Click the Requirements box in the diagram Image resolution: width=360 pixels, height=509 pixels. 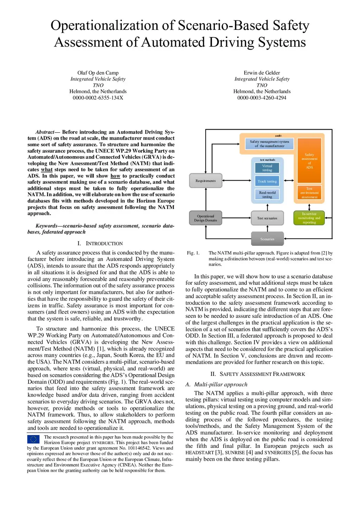pos(206,181)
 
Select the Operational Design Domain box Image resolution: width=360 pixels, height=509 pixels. pos(206,218)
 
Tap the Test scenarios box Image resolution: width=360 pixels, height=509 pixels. pos(267,218)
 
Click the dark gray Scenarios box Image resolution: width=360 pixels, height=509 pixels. pos(267,239)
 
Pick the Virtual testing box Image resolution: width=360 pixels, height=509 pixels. pos(267,168)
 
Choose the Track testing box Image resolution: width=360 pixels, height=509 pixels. pos(267,181)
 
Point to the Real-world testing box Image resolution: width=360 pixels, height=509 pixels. pos(267,195)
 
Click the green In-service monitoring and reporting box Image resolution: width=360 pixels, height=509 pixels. pos(309,218)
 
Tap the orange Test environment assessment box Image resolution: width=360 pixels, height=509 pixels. pos(309,193)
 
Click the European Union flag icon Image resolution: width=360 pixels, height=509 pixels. pos(33,439)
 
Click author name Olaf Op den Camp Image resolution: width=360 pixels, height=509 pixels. pos(98,73)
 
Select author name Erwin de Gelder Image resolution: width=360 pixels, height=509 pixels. pos(262,73)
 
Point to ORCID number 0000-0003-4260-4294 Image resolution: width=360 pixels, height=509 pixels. pos(262,98)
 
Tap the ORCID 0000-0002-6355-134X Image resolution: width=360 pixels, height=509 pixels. pos(98,98)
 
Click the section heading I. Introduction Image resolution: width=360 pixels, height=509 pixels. pos(100,243)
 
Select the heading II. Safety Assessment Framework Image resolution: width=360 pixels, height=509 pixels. pos(258,374)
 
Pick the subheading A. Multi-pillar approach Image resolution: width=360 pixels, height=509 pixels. pos(217,384)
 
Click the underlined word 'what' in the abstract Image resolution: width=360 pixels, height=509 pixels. pos(47,169)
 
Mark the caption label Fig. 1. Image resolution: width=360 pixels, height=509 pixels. pos(193,253)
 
